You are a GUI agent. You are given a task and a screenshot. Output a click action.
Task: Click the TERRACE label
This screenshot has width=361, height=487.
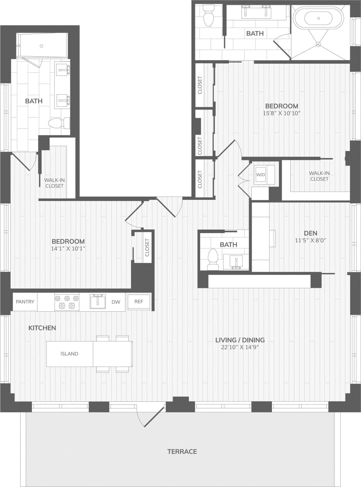coord(182,451)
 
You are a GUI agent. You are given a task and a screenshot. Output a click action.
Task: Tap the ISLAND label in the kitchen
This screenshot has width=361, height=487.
coord(69,354)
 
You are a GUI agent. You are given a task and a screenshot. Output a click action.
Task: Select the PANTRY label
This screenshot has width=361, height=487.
coord(25,302)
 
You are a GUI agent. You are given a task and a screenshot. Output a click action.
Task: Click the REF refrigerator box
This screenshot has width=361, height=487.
coord(139,302)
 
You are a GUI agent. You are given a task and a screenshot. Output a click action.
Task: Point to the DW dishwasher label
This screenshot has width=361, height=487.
coord(116,302)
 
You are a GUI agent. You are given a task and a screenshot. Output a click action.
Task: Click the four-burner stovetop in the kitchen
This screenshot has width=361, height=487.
coord(67,302)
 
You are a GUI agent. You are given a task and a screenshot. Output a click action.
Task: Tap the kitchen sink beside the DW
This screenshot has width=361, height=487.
coord(97,301)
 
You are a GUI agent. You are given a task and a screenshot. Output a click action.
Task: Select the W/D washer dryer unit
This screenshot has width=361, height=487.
coord(261,174)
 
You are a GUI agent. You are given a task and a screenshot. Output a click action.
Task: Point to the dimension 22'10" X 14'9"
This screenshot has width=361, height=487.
coord(240,347)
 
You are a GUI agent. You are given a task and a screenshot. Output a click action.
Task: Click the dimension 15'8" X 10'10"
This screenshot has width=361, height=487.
coord(282,113)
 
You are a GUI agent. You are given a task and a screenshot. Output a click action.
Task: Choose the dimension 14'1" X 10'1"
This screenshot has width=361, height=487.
coord(68,248)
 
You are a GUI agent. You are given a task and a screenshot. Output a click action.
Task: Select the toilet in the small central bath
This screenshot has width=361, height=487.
coord(213,259)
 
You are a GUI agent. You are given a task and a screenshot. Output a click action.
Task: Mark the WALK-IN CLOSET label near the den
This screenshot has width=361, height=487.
coord(319,176)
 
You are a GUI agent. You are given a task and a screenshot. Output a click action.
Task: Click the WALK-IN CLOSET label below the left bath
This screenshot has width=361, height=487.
coord(54,183)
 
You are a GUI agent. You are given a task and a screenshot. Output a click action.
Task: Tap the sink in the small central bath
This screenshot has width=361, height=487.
coord(236,261)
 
